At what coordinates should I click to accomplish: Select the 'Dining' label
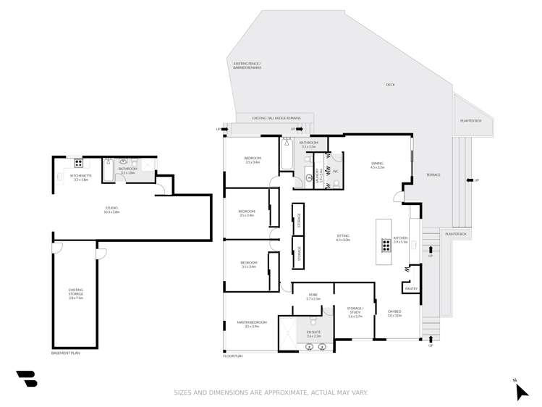(x=377, y=164)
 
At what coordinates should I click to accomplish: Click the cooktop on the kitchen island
(x=386, y=246)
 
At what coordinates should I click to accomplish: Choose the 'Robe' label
(x=313, y=295)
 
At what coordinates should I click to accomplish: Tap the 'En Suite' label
(x=313, y=333)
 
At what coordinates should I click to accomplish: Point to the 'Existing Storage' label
(x=76, y=293)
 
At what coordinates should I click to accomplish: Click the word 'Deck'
(x=390, y=85)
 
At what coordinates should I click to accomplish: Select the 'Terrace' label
(x=433, y=175)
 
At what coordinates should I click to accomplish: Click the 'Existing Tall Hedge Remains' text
(x=276, y=117)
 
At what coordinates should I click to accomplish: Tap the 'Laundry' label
(x=308, y=176)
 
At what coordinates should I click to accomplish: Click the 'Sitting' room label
(x=343, y=236)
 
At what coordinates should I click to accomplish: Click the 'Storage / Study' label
(x=354, y=312)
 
